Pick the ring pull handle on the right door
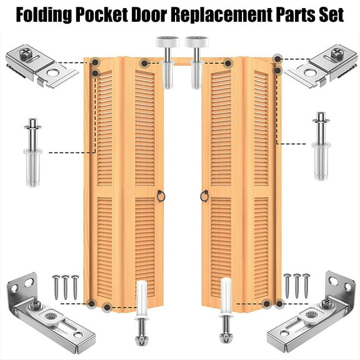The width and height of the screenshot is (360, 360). click(x=203, y=197)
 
